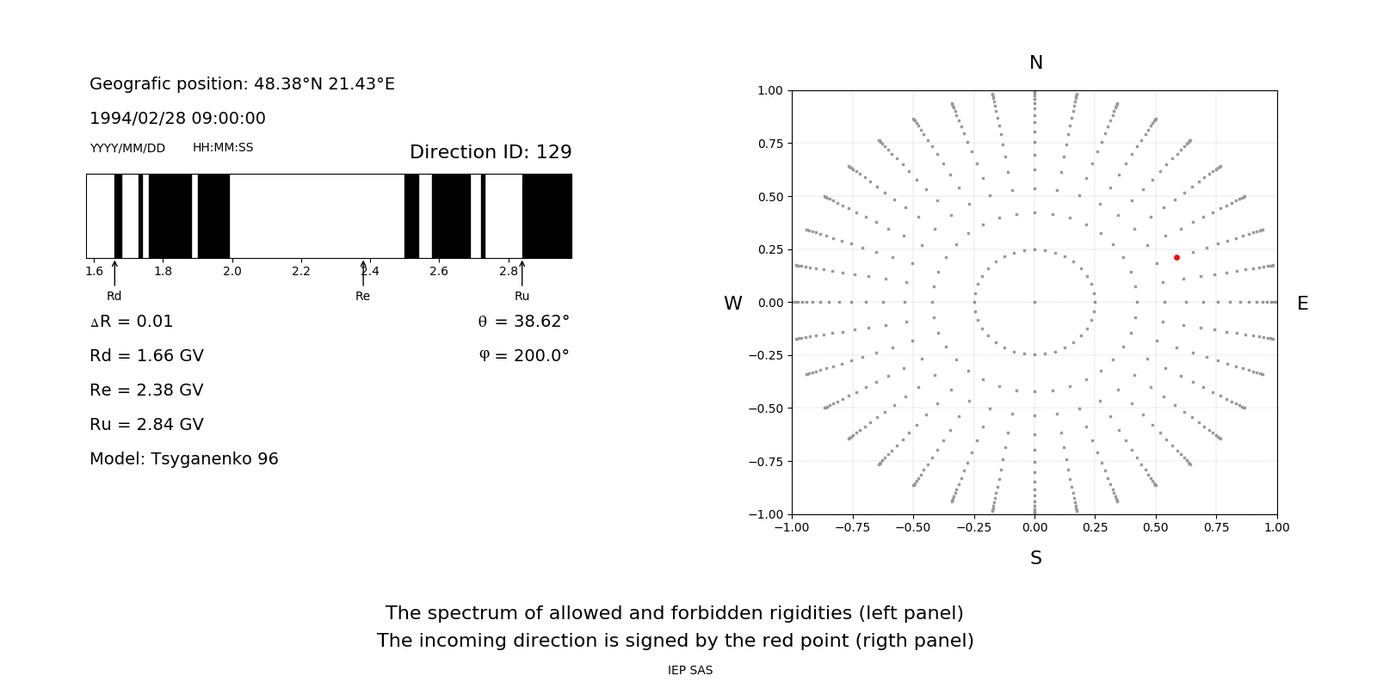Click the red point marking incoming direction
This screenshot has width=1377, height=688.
coord(1176,257)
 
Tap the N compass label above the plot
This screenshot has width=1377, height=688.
coord(1035,63)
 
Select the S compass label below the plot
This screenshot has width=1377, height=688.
coord(1035,558)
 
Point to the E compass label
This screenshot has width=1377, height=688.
coord(1302,304)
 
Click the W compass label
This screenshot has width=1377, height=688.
coord(732,304)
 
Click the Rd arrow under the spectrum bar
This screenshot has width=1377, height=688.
coord(114,273)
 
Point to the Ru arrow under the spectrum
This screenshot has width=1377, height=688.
coord(522,273)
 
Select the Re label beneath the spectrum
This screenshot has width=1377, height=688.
coord(362,296)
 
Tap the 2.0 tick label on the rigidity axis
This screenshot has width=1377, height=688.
coord(232,271)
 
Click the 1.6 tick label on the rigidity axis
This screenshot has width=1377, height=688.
coord(94,271)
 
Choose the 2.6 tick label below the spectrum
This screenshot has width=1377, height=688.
coord(439,271)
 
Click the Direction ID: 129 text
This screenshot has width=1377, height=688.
coord(491,152)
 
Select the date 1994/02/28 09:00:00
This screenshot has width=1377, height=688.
coord(177,118)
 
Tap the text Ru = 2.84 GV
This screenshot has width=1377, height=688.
coord(146,424)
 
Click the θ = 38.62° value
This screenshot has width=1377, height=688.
coord(523,321)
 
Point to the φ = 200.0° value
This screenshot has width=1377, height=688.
coord(523,355)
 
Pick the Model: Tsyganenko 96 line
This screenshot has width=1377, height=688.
coord(183,458)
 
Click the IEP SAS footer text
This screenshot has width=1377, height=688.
coord(689,670)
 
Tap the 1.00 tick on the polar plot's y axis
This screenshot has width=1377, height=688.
coord(769,90)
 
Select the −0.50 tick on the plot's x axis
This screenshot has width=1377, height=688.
coord(912,527)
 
